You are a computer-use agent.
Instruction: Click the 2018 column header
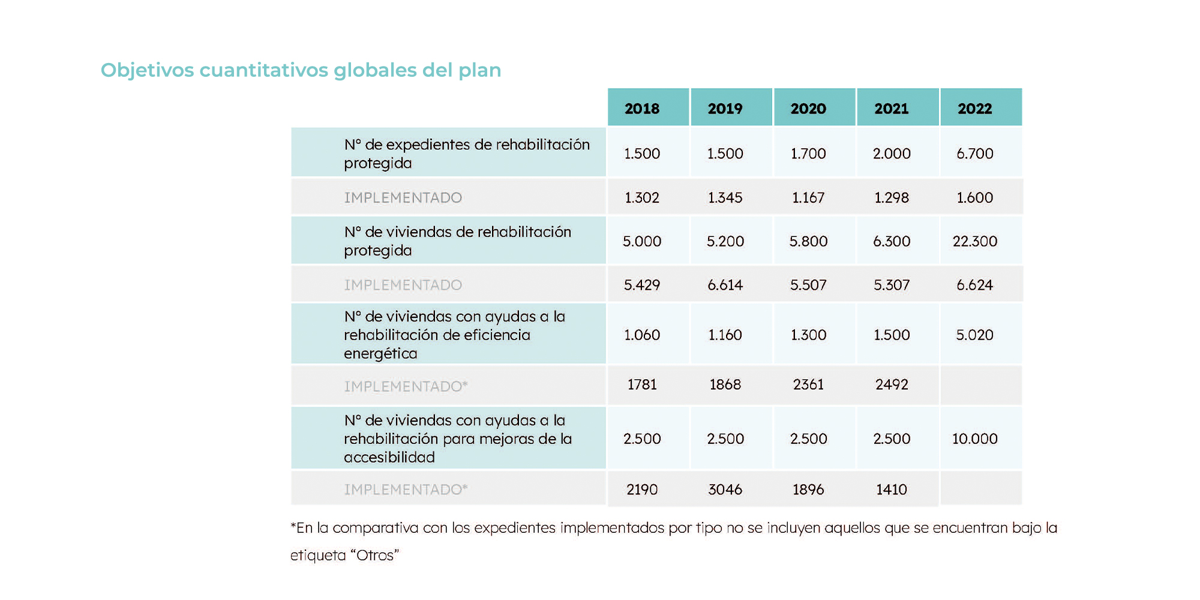coord(642,109)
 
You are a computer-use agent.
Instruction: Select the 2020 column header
coord(808,109)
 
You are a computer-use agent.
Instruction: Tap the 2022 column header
coord(975,109)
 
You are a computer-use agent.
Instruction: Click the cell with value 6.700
coord(975,154)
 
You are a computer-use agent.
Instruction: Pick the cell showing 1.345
coord(725,197)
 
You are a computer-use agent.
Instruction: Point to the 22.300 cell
coord(975,241)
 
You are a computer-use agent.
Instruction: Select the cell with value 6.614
coord(725,285)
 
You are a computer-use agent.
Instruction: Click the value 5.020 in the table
coord(975,335)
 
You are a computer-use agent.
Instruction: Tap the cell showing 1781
coord(642,385)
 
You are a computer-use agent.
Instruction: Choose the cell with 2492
coord(892,385)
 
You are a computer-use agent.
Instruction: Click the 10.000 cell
coord(975,439)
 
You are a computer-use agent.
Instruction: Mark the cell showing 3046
coord(725,490)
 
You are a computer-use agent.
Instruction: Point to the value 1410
coord(892,490)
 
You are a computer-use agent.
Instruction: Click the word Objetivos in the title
coord(148,70)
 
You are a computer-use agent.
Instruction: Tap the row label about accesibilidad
coord(457,439)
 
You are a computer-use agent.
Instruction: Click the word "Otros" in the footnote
coord(375,556)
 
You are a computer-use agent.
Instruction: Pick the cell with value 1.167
coord(808,197)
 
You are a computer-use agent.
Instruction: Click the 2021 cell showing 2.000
coord(892,154)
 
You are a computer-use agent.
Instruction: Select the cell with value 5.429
coord(642,285)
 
